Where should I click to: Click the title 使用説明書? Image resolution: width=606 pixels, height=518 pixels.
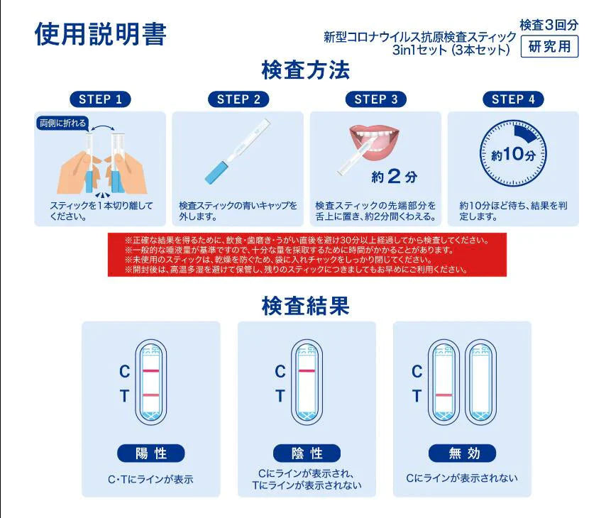click(x=100, y=33)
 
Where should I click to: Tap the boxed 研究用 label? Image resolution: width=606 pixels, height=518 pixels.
click(x=549, y=47)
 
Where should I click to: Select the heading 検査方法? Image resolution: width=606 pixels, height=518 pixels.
click(x=305, y=71)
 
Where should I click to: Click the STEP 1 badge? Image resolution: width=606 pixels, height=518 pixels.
click(x=100, y=99)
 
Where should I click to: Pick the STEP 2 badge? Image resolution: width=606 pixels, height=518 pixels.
click(x=238, y=99)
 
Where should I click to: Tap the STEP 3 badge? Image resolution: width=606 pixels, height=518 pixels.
click(x=376, y=99)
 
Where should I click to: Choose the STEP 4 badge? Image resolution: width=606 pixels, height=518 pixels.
click(x=513, y=99)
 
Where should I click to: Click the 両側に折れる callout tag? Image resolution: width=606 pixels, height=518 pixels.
click(x=62, y=123)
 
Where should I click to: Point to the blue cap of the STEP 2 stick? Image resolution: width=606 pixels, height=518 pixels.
click(x=215, y=171)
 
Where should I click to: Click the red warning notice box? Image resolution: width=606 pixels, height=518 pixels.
click(x=307, y=255)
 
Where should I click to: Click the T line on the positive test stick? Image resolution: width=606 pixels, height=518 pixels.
click(x=150, y=395)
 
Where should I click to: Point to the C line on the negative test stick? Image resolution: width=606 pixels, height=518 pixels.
click(x=307, y=371)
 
